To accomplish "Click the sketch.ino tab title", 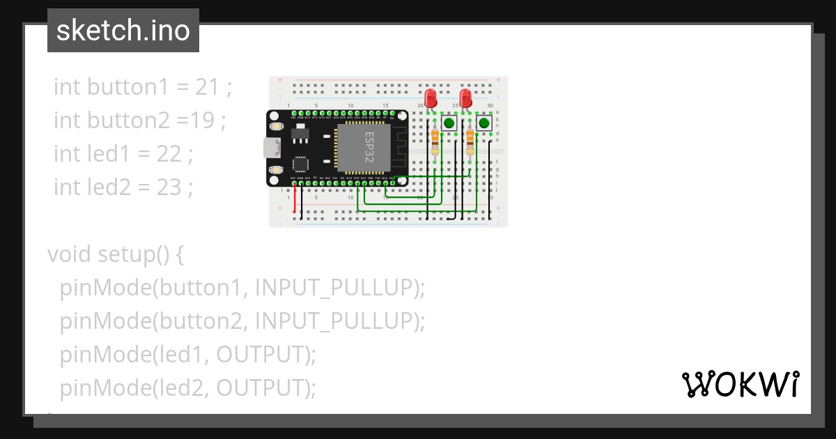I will point(123,31).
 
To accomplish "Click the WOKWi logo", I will point(740,384).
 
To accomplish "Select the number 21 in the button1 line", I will point(207,87).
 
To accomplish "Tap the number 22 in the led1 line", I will point(169,154).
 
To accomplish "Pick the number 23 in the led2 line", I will point(169,187).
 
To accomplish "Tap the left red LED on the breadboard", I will point(431,97).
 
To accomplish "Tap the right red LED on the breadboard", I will point(466,97).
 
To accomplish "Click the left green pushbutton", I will point(449,123).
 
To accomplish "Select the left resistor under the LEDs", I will point(435,141).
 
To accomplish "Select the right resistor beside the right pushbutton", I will point(470,141).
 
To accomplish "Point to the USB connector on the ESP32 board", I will point(270,148).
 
